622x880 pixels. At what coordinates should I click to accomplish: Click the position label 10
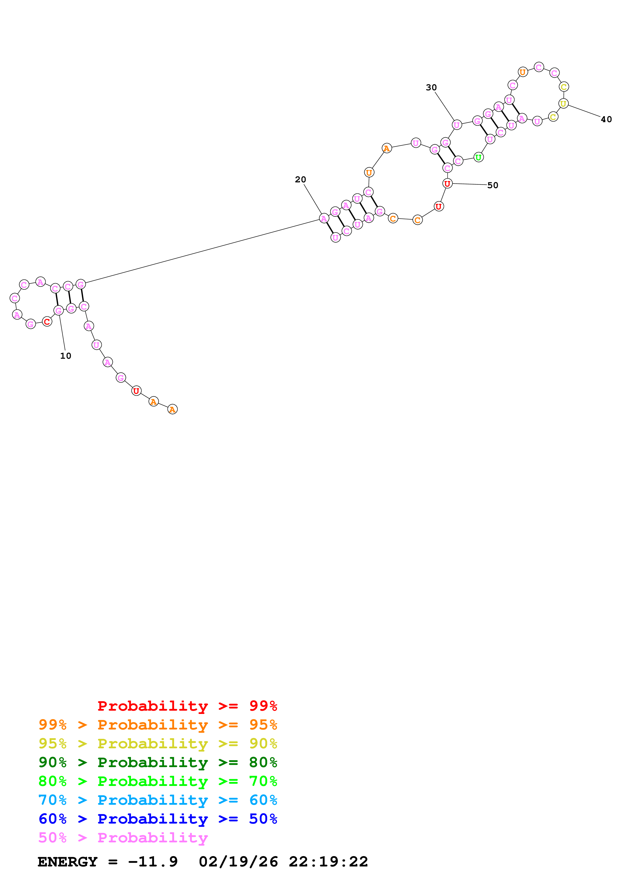pos(65,356)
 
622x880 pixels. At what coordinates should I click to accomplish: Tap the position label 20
pos(300,179)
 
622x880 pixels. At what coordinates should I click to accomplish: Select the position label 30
pos(431,87)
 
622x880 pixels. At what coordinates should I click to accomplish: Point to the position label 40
pos(606,119)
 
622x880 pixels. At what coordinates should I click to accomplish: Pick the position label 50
pos(493,185)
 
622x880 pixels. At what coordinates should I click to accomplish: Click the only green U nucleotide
pos(478,157)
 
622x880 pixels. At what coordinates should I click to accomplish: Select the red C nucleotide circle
pos(47,322)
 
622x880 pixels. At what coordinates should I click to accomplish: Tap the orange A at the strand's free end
pos(172,409)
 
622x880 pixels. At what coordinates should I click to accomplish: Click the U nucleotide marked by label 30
pos(456,125)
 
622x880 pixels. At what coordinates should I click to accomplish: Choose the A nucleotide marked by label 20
pos(324,218)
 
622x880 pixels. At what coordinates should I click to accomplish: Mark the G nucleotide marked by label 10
pos(59,311)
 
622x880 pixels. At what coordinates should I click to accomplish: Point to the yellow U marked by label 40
pos(563,104)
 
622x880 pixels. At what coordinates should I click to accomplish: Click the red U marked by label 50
pos(447,184)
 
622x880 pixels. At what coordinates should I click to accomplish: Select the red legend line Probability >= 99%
pos(187,706)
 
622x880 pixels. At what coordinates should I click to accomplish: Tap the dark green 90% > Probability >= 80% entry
pos(158,762)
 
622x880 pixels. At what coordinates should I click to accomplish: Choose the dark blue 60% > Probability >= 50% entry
pos(158,819)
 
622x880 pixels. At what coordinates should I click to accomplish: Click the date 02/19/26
pos(238,862)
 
